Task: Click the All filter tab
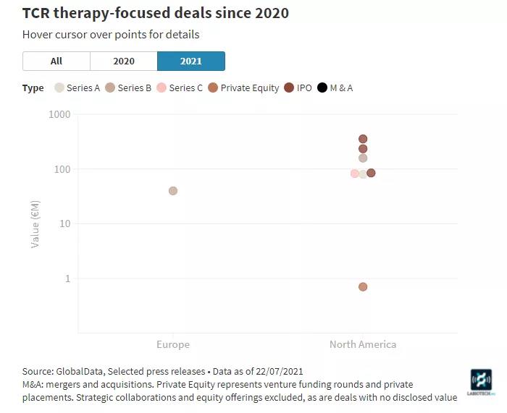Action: tap(56, 61)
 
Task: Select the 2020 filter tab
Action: tap(124, 61)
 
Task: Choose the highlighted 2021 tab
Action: tap(191, 61)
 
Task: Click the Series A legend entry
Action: tap(77, 88)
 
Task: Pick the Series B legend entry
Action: tap(128, 88)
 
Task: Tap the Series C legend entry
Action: tap(180, 88)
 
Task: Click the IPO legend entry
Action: tap(298, 88)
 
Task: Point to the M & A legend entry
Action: tap(335, 88)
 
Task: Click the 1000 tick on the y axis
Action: tap(59, 115)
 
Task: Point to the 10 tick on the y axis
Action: tap(64, 224)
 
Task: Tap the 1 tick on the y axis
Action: tap(67, 278)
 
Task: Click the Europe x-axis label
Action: tap(173, 344)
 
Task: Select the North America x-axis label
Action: tap(363, 344)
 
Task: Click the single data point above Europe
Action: tap(173, 191)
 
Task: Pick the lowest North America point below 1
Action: tap(363, 287)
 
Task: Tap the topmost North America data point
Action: tap(363, 139)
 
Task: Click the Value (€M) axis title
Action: tap(35, 224)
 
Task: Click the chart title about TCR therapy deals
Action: tap(155, 13)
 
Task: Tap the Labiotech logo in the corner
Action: tap(481, 382)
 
